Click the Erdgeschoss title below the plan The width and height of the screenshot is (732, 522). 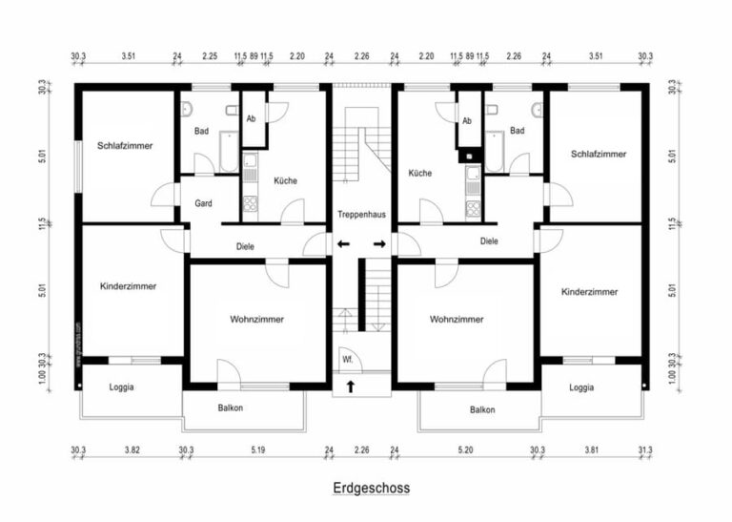pyautogui.click(x=372, y=488)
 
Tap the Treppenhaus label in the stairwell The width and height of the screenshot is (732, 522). pyautogui.click(x=361, y=214)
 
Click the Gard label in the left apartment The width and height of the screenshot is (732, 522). pyautogui.click(x=203, y=203)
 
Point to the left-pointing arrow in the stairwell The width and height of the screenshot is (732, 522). pyautogui.click(x=343, y=244)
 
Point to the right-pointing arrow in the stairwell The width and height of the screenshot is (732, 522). pyautogui.click(x=379, y=244)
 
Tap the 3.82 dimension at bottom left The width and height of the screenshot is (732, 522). pyautogui.click(x=132, y=449)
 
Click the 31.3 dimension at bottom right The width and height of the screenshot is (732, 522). pyautogui.click(x=645, y=449)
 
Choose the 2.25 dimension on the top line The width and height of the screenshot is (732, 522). pyautogui.click(x=210, y=57)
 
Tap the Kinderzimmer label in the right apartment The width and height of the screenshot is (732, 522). pyautogui.click(x=589, y=291)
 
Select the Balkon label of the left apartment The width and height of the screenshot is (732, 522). pyautogui.click(x=230, y=408)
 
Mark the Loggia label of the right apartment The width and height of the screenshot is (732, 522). pyautogui.click(x=581, y=387)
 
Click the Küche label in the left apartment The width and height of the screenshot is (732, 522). pyautogui.click(x=285, y=181)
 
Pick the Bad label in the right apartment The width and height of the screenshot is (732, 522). pyautogui.click(x=517, y=131)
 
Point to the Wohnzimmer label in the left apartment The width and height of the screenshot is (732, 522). pyautogui.click(x=256, y=319)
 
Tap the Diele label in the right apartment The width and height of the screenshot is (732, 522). pyautogui.click(x=489, y=241)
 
